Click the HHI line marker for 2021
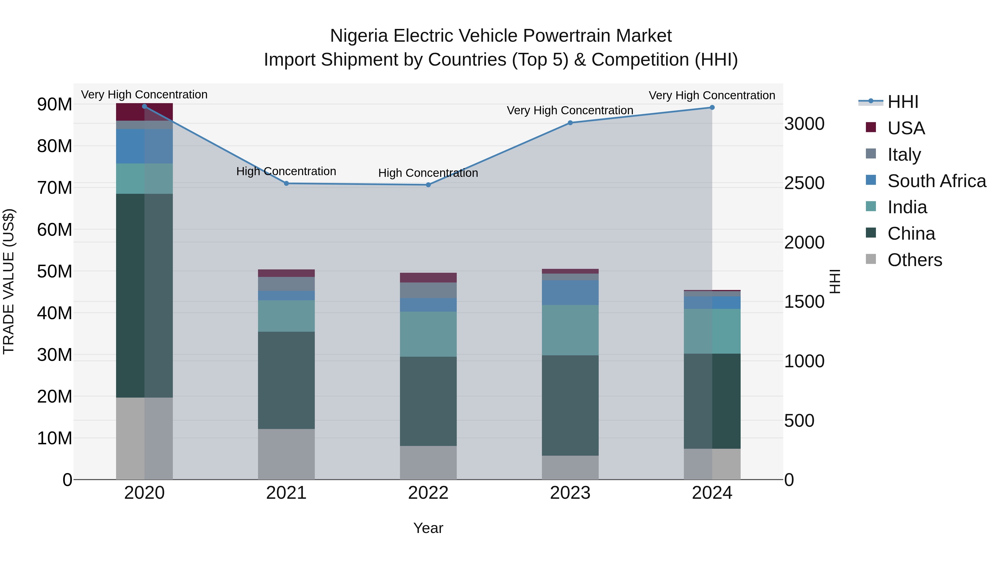[x=286, y=183]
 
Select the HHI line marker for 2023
[x=570, y=123]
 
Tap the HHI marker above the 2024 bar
[x=712, y=108]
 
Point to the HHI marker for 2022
[x=428, y=185]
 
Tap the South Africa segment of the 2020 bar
[x=144, y=146]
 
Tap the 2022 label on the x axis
[x=428, y=493]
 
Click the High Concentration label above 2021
[x=286, y=171]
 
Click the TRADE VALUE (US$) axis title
[x=9, y=281]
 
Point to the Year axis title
[x=428, y=528]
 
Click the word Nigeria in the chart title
[x=359, y=36]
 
